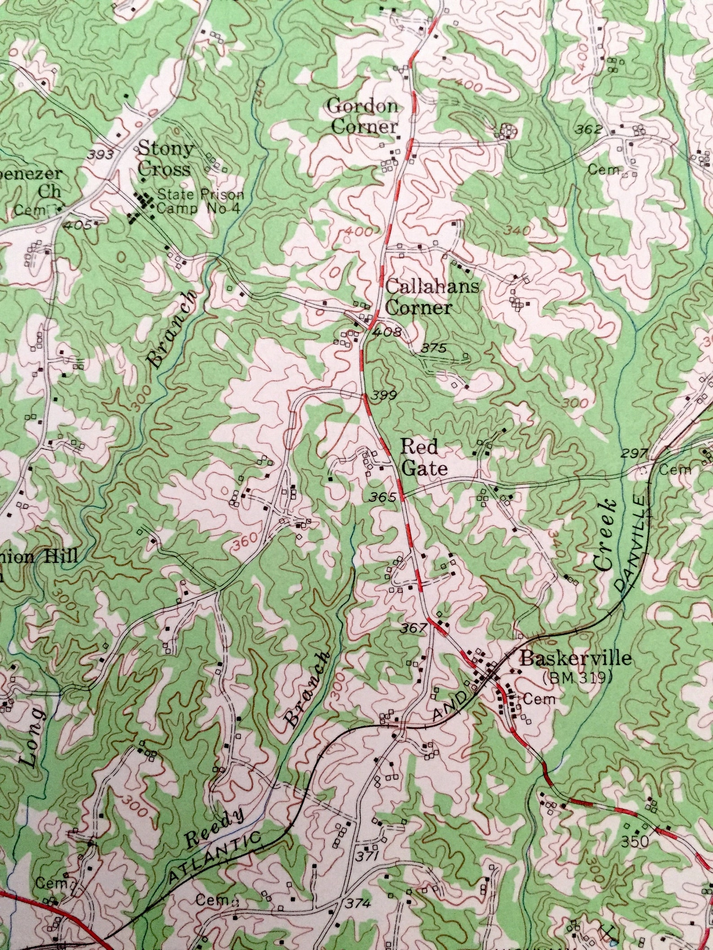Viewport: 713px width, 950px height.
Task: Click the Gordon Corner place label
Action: click(x=363, y=117)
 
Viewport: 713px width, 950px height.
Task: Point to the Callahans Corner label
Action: click(x=419, y=297)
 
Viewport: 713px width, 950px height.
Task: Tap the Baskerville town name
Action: click(x=576, y=658)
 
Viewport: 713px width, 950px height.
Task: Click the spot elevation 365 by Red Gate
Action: click(x=383, y=497)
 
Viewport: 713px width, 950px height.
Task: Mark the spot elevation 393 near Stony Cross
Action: click(x=101, y=155)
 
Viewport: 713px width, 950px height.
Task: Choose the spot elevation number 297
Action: click(x=634, y=454)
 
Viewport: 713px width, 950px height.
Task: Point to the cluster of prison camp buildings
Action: click(x=142, y=208)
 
